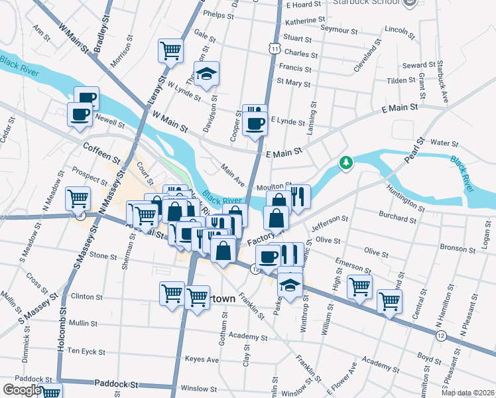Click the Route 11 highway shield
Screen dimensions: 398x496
[x=274, y=48]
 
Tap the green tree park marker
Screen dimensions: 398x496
[x=345, y=163]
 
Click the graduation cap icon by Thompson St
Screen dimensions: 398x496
[x=206, y=74]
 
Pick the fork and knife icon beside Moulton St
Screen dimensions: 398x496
[x=298, y=196]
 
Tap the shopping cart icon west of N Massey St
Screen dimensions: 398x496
[x=78, y=198]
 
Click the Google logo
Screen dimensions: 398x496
[x=22, y=390]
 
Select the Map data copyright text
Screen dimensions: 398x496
[x=467, y=393]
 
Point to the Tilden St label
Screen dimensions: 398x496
[x=401, y=80]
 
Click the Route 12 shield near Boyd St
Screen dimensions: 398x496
[x=441, y=337]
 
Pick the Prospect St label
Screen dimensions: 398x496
[x=90, y=174]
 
